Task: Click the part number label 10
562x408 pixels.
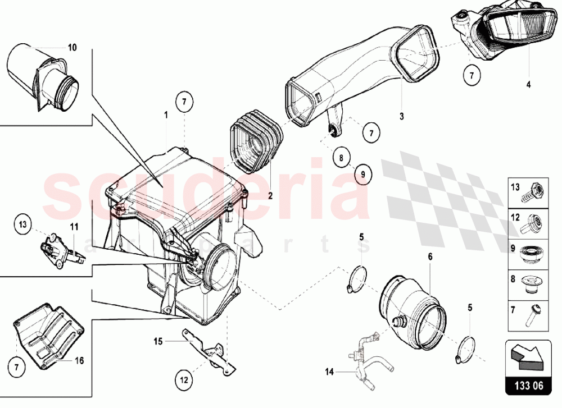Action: coord(72,47)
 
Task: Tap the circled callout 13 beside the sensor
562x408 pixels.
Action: coord(23,224)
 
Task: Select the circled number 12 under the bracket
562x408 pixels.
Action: coord(184,380)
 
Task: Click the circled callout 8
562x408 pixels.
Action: coord(341,157)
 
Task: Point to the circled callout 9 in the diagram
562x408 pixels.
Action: coord(362,175)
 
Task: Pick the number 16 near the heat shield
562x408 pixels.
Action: coord(80,360)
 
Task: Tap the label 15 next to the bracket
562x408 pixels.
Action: coord(158,341)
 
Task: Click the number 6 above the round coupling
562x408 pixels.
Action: coord(430,256)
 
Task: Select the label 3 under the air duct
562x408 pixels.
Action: coord(401,116)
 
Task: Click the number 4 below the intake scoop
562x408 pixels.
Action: coord(528,85)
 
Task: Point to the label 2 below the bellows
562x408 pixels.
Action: coord(270,196)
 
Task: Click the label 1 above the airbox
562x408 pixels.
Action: coord(166,115)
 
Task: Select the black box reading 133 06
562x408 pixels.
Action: coord(528,386)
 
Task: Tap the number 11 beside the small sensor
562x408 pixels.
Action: coord(74,227)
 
